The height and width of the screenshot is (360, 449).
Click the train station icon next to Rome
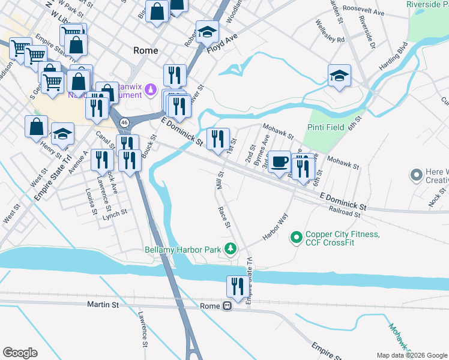click(227, 306)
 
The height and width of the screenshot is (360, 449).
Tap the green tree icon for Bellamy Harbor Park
click(230, 248)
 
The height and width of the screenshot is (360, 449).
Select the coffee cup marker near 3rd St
click(279, 163)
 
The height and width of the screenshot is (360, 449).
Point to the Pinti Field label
click(325, 128)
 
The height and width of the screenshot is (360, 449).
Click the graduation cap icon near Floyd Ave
click(207, 31)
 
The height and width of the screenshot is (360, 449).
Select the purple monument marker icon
click(151, 91)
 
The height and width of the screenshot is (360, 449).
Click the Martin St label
click(103, 305)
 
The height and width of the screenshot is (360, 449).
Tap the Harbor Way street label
click(276, 227)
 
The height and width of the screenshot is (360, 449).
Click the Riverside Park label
click(427, 4)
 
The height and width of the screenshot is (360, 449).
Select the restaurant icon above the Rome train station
click(237, 286)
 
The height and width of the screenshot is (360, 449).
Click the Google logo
click(20, 353)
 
